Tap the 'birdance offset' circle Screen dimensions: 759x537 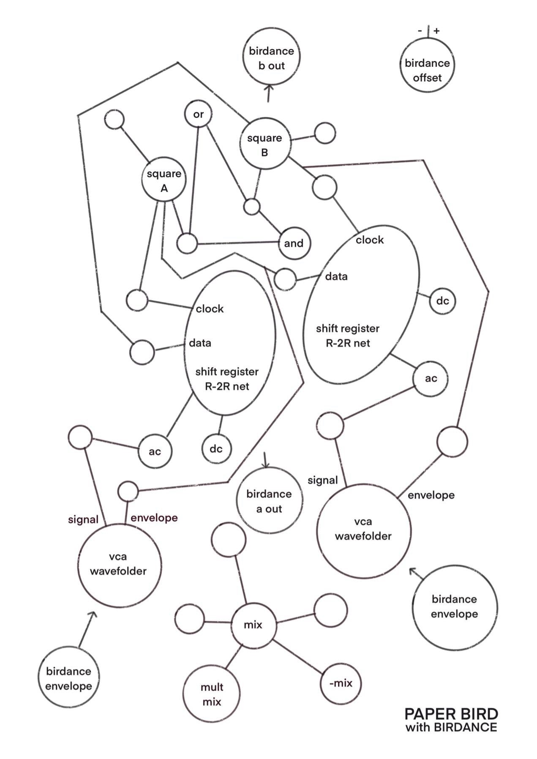427,70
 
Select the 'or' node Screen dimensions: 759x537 198,114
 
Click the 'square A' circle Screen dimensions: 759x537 164,180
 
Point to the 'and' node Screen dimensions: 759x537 294,243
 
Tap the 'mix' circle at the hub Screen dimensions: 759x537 253,625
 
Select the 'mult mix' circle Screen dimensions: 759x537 212,694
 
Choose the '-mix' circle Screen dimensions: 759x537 341,683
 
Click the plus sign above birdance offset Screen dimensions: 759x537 436,30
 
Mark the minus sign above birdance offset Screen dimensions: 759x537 420,30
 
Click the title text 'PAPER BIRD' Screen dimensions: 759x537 451,714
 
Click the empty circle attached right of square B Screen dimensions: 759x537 325,134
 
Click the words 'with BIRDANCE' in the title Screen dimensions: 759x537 451,727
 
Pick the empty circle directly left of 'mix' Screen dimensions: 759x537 189,620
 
